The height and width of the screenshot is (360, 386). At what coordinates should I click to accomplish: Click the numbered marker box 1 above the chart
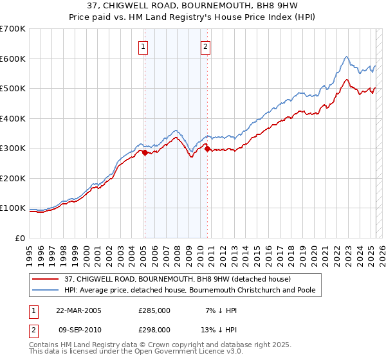click(142, 46)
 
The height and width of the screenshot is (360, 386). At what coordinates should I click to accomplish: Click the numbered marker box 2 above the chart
click(205, 46)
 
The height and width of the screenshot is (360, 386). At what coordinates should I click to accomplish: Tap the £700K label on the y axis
click(13, 29)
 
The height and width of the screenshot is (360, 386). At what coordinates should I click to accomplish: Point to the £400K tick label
click(13, 118)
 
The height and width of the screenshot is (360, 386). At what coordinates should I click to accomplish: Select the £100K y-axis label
click(13, 208)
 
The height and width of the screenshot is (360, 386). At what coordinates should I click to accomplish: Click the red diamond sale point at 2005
click(145, 152)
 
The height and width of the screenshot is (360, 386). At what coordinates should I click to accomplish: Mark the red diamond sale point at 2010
click(207, 148)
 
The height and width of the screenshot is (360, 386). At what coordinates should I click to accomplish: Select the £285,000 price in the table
click(154, 310)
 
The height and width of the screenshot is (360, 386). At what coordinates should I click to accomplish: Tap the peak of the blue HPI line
click(346, 57)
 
